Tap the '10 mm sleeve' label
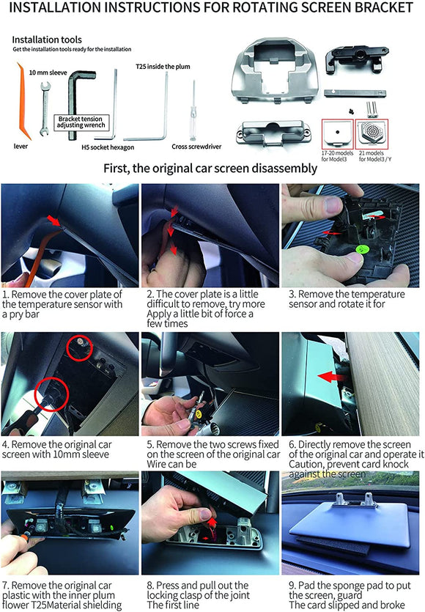point(50,73)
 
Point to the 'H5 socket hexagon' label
point(108,146)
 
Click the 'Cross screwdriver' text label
point(196,146)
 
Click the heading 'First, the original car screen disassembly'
point(212,168)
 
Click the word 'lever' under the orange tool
point(21,146)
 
